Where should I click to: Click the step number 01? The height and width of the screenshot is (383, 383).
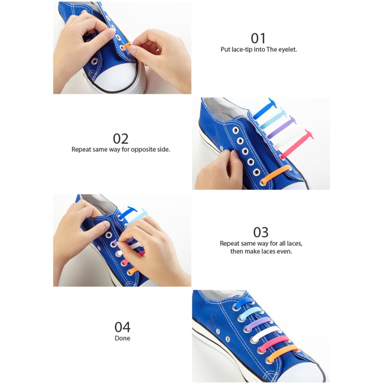(258, 39)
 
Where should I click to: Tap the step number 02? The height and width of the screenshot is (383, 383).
(120, 139)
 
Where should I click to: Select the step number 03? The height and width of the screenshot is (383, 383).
(261, 232)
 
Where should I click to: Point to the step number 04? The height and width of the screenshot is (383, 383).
(122, 327)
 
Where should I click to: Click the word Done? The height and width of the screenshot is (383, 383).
(122, 338)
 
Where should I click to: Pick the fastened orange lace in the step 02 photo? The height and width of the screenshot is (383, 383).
(276, 174)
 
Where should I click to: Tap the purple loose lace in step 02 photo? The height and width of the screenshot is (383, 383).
(281, 128)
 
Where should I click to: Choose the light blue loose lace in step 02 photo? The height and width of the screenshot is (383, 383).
(273, 119)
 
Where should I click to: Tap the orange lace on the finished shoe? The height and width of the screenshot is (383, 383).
(283, 353)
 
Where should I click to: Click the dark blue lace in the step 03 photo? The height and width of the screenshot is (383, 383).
(128, 212)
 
